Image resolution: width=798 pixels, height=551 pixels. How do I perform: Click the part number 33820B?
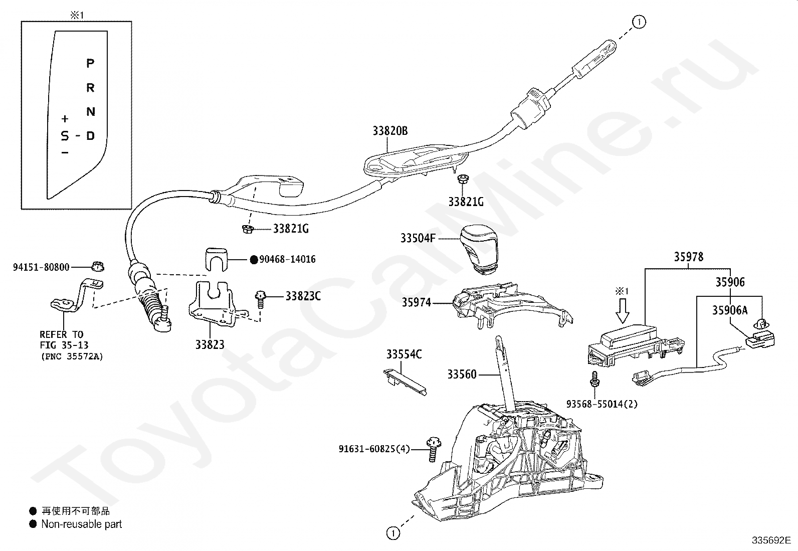coord(390,131)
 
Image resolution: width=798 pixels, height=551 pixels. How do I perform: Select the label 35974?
coord(417,303)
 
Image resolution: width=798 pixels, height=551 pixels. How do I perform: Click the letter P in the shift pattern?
coord(91,64)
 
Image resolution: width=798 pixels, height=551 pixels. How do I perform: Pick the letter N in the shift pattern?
coord(91,112)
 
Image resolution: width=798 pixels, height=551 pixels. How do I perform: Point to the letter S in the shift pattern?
coord(65,136)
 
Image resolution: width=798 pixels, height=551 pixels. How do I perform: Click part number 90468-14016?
coord(288,259)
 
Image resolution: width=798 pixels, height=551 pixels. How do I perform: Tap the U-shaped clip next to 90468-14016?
coord(216,260)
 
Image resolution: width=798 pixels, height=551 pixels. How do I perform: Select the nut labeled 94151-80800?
coord(98,267)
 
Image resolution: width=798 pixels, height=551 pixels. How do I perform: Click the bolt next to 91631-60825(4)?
coord(434,449)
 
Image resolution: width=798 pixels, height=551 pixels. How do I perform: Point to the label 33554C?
coord(404,354)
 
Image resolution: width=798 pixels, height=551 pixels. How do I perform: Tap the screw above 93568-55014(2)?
coord(594,379)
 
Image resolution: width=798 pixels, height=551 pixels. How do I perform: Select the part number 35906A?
coord(730,310)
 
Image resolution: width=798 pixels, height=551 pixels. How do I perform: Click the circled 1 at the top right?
coord(639,22)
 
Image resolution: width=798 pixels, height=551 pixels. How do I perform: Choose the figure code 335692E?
coord(771,540)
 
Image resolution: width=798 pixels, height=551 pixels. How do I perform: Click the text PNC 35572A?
coord(72,356)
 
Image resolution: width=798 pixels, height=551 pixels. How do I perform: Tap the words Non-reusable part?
coord(82,524)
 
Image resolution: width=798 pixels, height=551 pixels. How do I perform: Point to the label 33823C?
coord(303,296)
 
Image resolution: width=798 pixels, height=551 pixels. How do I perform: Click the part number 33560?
coord(462,374)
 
